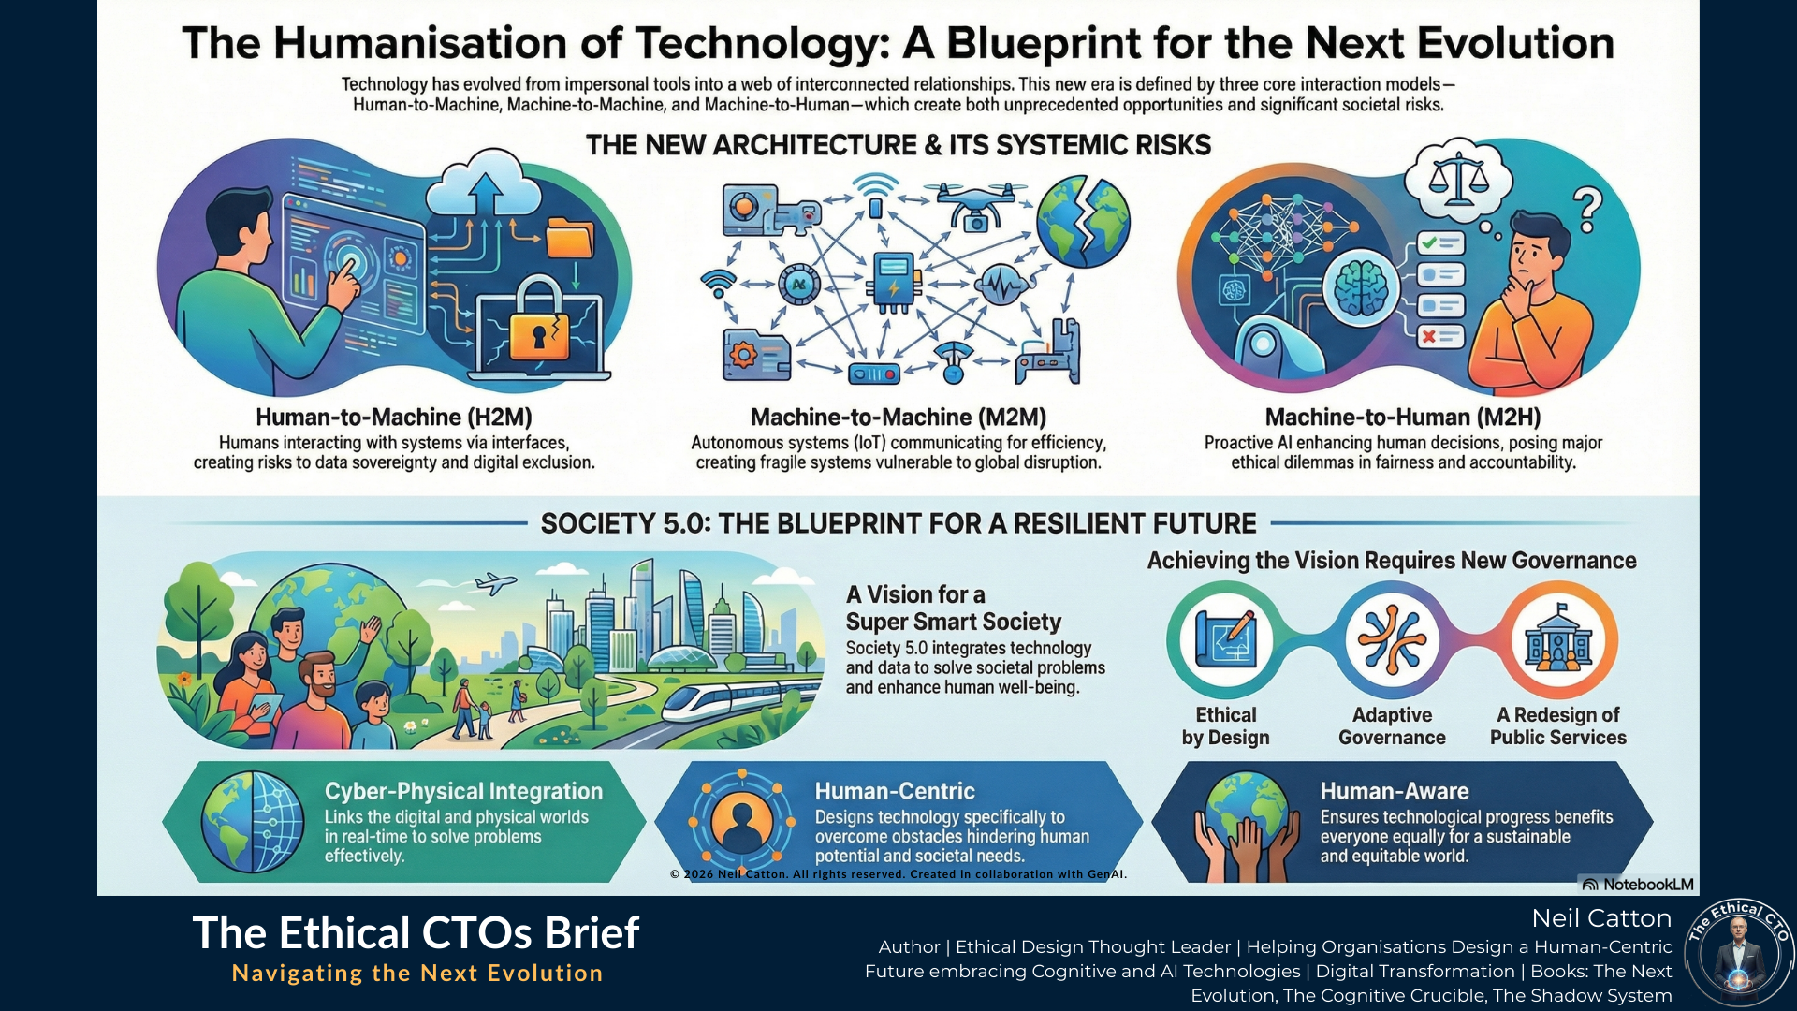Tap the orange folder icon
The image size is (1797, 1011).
point(569,238)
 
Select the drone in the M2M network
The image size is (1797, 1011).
point(975,205)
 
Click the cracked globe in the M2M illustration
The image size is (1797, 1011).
point(1083,221)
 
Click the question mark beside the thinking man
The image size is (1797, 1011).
point(1587,210)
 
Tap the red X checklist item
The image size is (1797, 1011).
point(1439,335)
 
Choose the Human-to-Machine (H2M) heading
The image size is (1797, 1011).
point(394,417)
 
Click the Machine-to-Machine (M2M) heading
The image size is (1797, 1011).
point(898,417)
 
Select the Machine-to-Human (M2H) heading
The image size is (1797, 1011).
point(1403,417)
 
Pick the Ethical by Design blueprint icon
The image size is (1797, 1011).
point(1226,640)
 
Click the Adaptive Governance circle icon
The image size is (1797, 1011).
point(1392,640)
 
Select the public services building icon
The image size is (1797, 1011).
point(1558,640)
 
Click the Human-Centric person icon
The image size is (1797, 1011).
point(741,821)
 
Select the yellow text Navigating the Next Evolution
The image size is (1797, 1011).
point(417,974)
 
